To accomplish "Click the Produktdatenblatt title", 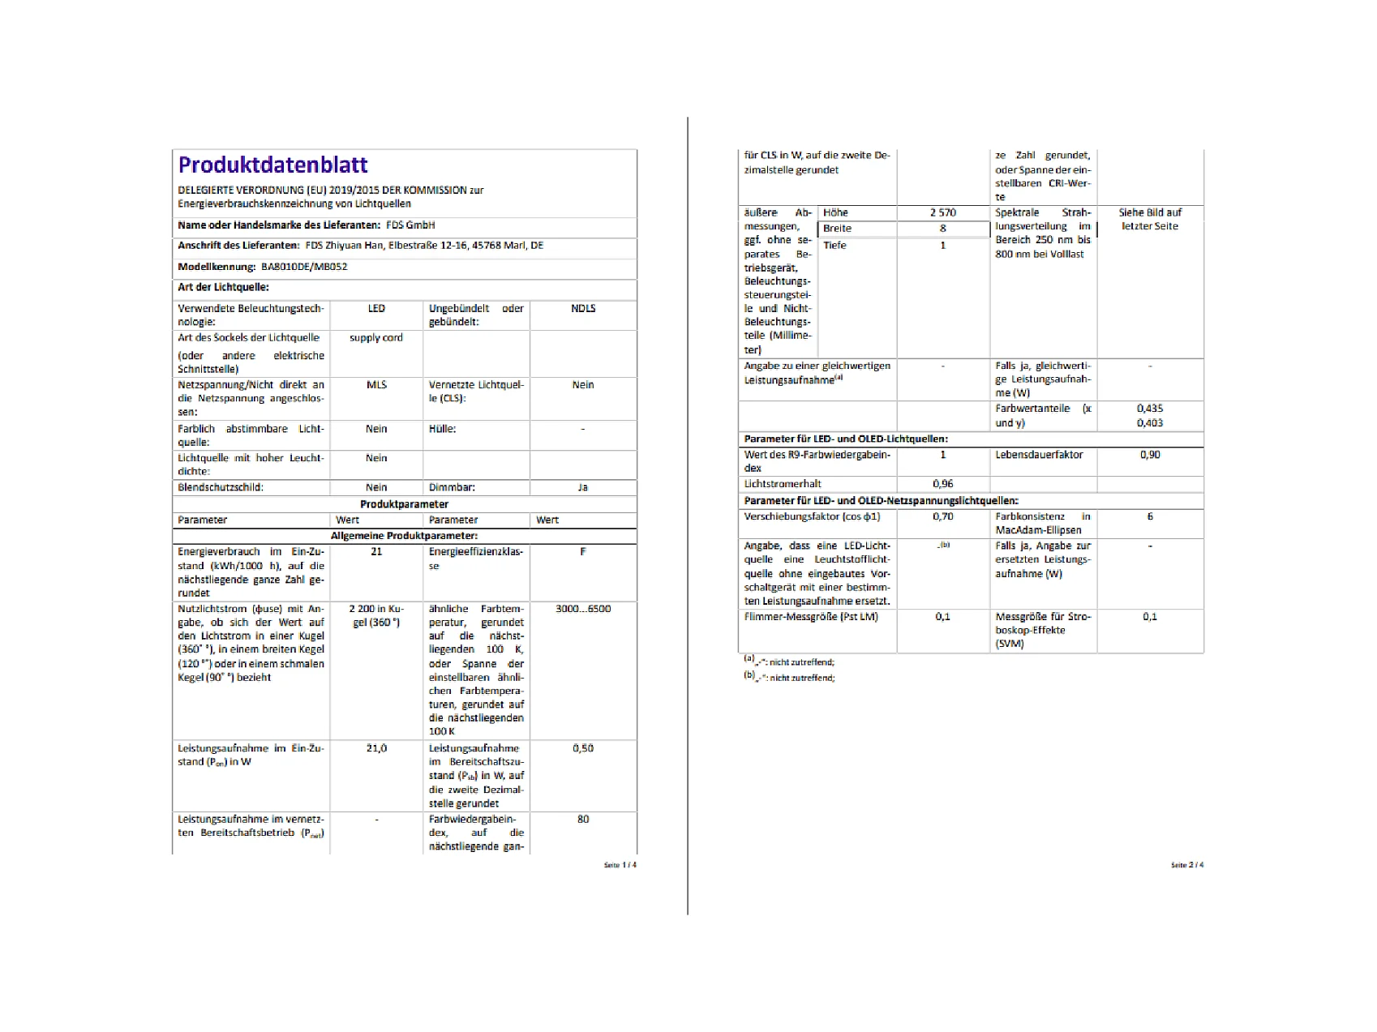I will [272, 165].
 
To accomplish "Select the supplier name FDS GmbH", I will [410, 225].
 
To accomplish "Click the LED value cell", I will [376, 309].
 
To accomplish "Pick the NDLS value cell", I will [583, 309].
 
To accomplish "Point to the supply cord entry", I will [376, 338].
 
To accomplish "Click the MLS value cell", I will [376, 385].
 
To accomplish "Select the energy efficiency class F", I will [583, 552].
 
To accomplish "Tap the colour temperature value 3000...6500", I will [583, 609].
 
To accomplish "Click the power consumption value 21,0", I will [376, 748].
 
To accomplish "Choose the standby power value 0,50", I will [583, 748].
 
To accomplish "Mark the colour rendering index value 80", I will [583, 820].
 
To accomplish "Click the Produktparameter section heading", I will [404, 504].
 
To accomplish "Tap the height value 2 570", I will [943, 212].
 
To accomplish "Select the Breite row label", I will [838, 229].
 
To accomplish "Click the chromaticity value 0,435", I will [1150, 409].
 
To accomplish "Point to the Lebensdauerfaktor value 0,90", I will [1150, 455].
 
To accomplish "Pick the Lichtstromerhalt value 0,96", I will [943, 484].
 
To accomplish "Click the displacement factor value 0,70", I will [943, 516].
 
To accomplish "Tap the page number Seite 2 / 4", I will [1187, 865].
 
